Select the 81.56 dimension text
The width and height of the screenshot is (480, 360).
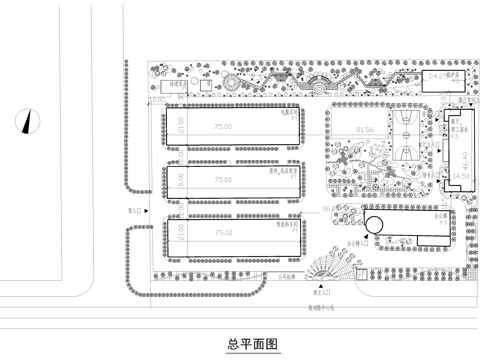[364, 130]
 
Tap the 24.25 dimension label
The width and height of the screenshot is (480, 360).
[436, 77]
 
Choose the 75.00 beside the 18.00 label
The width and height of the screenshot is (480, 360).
[222, 180]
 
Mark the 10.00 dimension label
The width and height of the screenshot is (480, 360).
[157, 100]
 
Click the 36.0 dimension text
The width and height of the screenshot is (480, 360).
[327, 208]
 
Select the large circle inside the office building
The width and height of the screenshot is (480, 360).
[377, 222]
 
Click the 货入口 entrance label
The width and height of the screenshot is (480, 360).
[135, 211]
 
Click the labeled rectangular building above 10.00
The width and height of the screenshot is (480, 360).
[181, 87]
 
